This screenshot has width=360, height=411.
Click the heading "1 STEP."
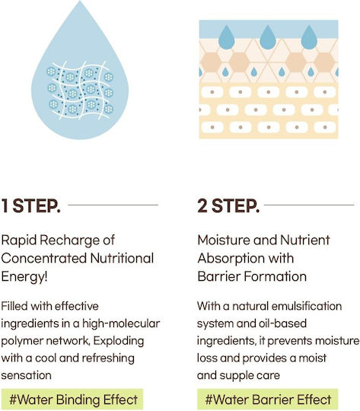pyautogui.click(x=31, y=205)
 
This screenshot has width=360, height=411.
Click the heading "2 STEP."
pyautogui.click(x=228, y=205)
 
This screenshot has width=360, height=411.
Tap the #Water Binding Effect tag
pyautogui.click(x=72, y=400)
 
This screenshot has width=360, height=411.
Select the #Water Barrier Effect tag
pyautogui.click(x=267, y=400)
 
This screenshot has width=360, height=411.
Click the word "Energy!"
pyautogui.click(x=24, y=277)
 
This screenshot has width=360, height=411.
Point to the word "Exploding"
pyautogui.click(x=119, y=341)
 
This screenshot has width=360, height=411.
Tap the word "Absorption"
pyautogui.click(x=228, y=259)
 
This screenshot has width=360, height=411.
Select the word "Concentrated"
pyautogui.click(x=44, y=258)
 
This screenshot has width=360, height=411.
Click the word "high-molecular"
pyautogui.click(x=121, y=323)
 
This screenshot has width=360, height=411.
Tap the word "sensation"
pyautogui.click(x=26, y=375)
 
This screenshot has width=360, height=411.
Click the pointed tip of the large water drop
pyautogui.click(x=80, y=2)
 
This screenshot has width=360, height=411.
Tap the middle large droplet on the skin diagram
pyautogui.click(x=268, y=37)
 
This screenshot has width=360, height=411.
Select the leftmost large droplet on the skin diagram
pyautogui.click(x=227, y=37)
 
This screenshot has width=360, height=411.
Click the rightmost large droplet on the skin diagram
pyautogui.click(x=309, y=37)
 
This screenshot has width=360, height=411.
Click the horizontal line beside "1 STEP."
pyautogui.click(x=113, y=205)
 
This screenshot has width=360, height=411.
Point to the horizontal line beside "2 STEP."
pyautogui.click(x=309, y=205)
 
